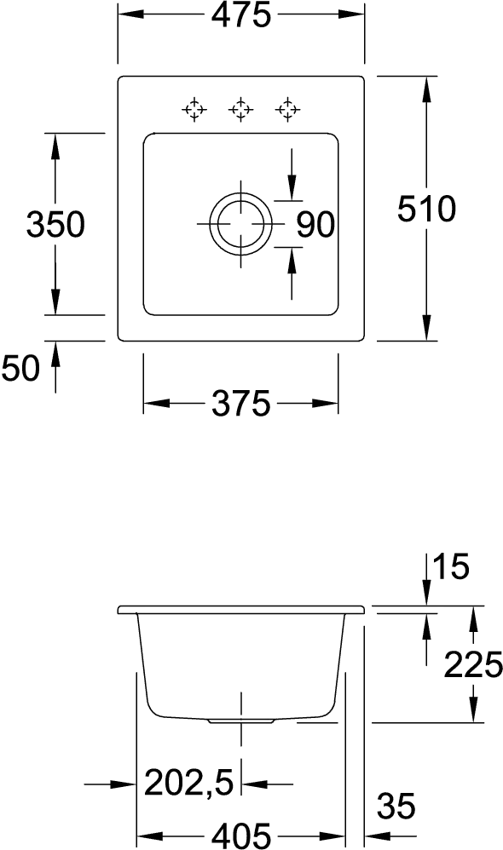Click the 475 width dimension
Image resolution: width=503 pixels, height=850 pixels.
[241, 15]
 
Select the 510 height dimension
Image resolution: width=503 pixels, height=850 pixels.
[426, 210]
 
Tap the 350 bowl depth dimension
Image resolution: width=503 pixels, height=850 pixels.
[55, 224]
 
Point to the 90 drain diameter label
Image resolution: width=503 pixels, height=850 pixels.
[315, 225]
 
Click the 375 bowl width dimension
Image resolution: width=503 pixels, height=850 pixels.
[240, 404]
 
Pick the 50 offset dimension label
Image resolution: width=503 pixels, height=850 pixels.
[21, 368]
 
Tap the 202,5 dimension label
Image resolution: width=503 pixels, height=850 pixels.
[188, 783]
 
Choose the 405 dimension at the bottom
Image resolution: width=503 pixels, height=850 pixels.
[241, 836]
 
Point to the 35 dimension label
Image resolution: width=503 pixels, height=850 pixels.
[396, 806]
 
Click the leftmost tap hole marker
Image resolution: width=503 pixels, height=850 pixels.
[194, 110]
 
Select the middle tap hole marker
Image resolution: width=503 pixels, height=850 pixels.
[240, 110]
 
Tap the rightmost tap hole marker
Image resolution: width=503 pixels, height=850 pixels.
[287, 110]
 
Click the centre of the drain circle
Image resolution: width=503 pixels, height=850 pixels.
[240, 224]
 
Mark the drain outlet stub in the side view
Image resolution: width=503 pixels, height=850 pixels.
[240, 721]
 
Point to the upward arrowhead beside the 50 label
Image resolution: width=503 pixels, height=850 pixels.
[55, 354]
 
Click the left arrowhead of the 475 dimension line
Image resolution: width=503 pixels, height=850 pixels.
[130, 14]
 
